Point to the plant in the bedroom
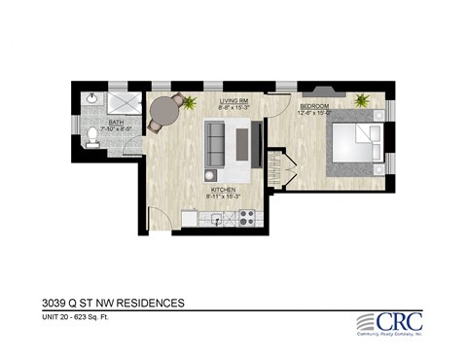click(363, 99)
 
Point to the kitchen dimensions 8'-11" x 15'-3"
click(229, 198)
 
